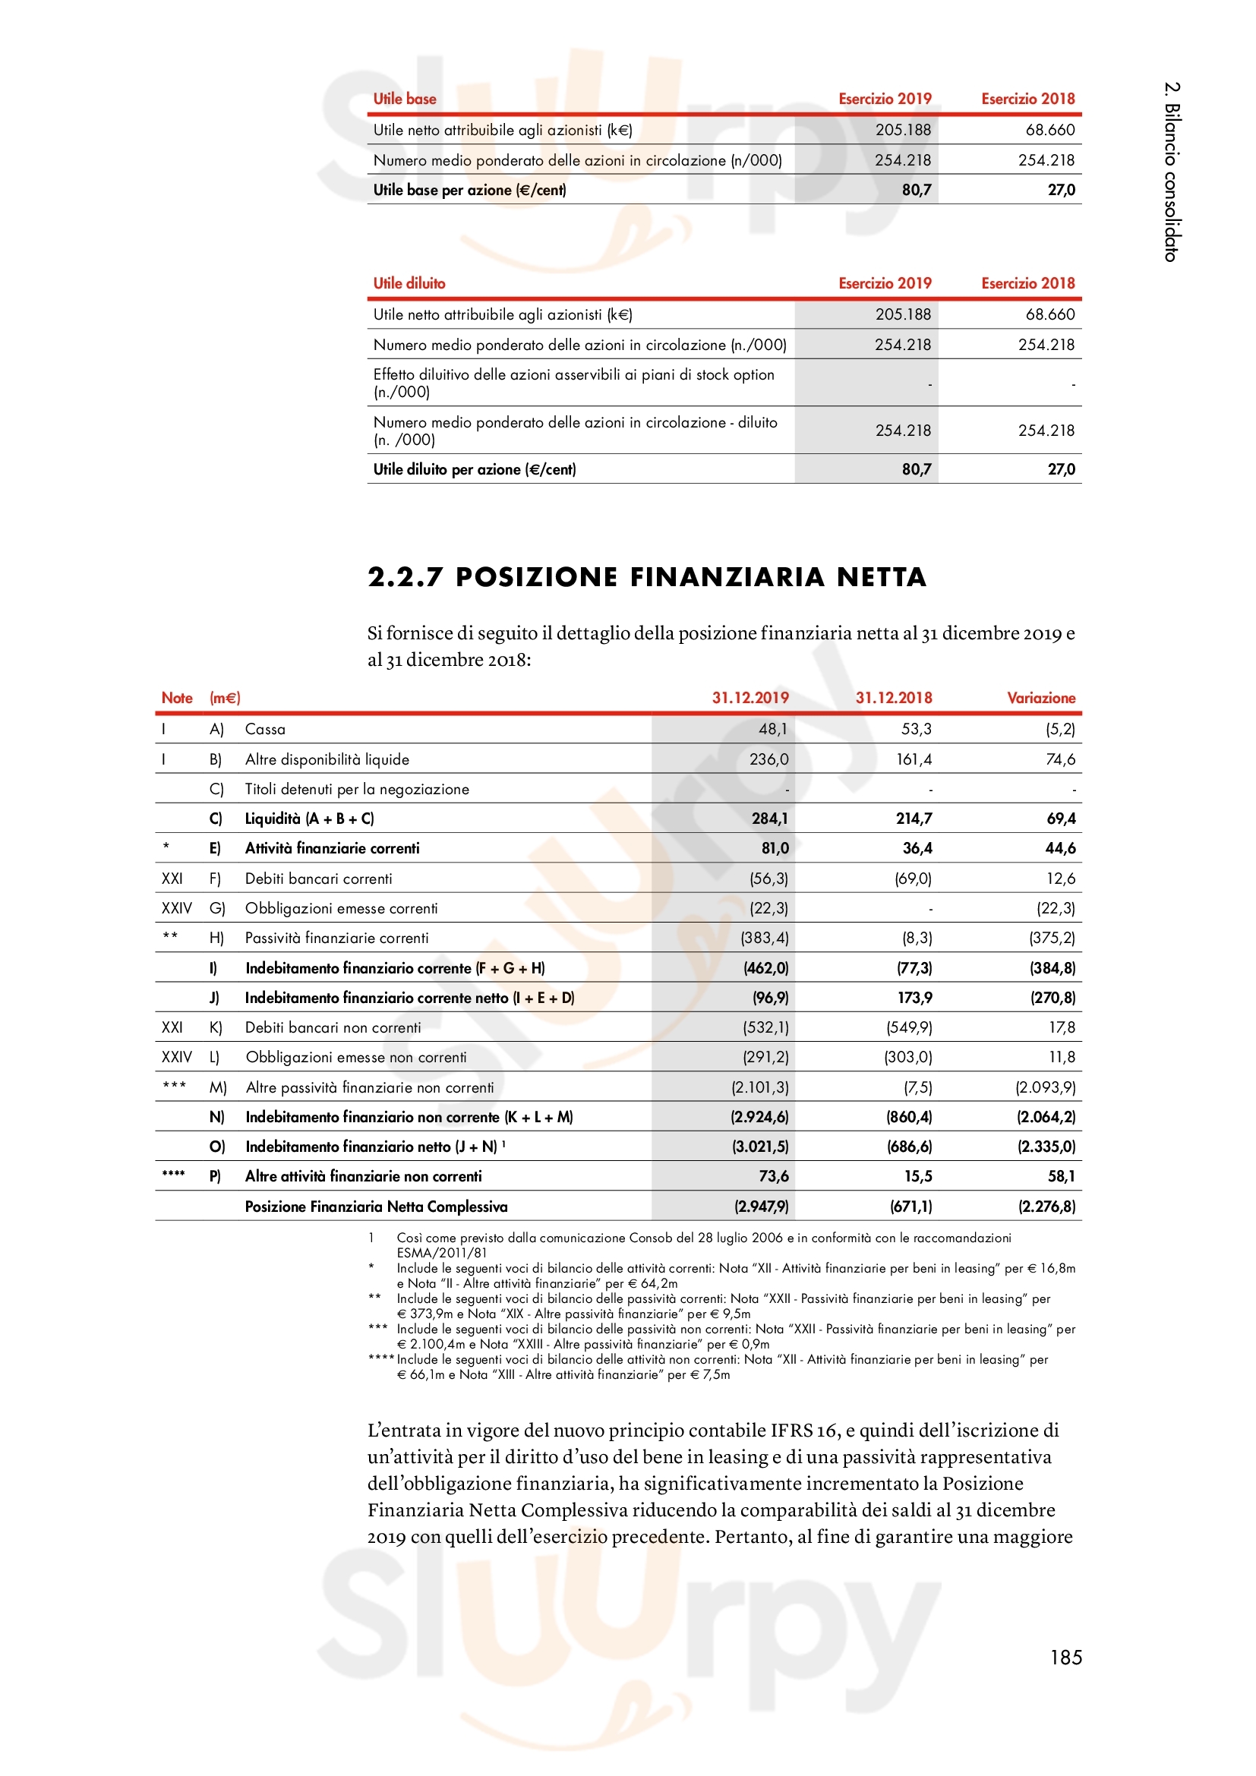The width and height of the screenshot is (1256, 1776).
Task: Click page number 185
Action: click(x=1065, y=1657)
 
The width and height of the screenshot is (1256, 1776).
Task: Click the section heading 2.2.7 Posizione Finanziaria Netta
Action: click(x=646, y=577)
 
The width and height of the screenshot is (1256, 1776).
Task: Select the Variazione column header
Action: click(x=1040, y=698)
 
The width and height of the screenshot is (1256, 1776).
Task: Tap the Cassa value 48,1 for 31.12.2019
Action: click(x=772, y=729)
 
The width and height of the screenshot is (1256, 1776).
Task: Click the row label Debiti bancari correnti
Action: click(x=318, y=879)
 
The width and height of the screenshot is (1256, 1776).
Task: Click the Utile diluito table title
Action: click(x=409, y=283)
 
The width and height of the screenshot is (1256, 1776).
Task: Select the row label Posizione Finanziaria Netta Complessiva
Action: click(x=376, y=1207)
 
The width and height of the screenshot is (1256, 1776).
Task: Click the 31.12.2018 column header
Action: click(x=893, y=698)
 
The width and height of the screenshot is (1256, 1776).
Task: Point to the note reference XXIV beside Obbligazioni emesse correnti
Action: click(x=176, y=908)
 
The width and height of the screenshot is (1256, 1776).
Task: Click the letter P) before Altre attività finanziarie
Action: click(x=215, y=1176)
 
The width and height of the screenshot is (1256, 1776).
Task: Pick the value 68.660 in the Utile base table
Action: click(x=1049, y=130)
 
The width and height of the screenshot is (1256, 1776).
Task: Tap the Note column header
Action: click(x=176, y=698)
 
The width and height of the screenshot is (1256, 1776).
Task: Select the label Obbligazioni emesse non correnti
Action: click(x=355, y=1058)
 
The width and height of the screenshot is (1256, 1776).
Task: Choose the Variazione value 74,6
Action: click(x=1059, y=759)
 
